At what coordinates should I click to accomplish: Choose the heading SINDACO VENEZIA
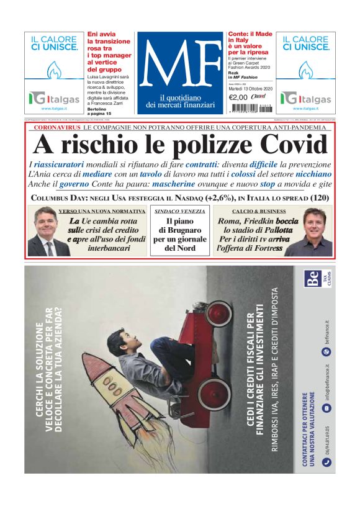click(x=179, y=212)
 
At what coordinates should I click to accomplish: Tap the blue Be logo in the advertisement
click(x=313, y=279)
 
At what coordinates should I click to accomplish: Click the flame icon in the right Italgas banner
click(x=305, y=70)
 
